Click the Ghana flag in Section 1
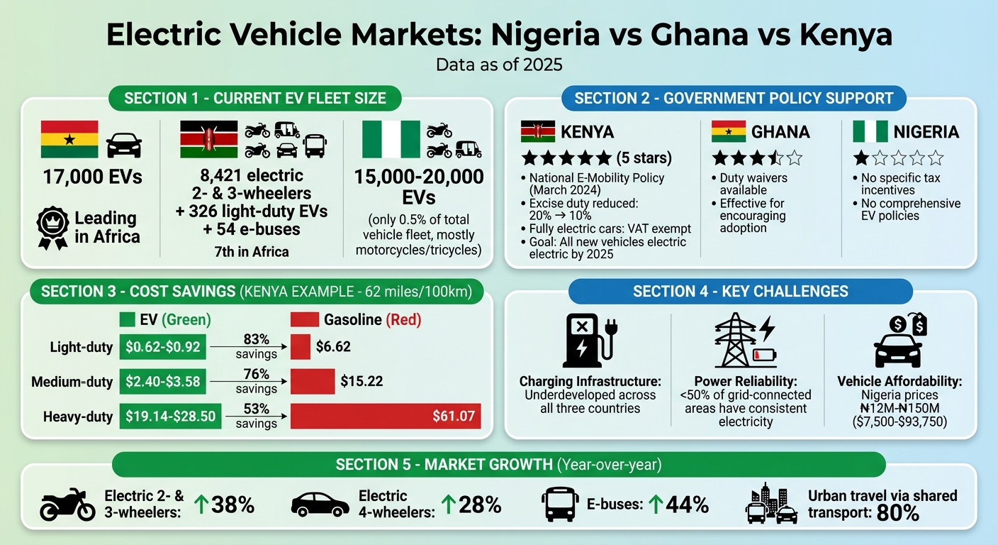(69, 139)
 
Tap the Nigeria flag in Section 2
(870, 131)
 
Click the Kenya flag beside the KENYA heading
(538, 131)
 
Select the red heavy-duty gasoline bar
(386, 416)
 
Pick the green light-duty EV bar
(163, 347)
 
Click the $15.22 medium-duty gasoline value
(361, 381)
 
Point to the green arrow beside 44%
(656, 505)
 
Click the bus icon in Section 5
(560, 505)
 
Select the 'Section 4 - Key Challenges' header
(740, 292)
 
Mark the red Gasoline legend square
(304, 320)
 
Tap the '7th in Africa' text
(252, 251)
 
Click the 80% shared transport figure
(898, 513)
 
